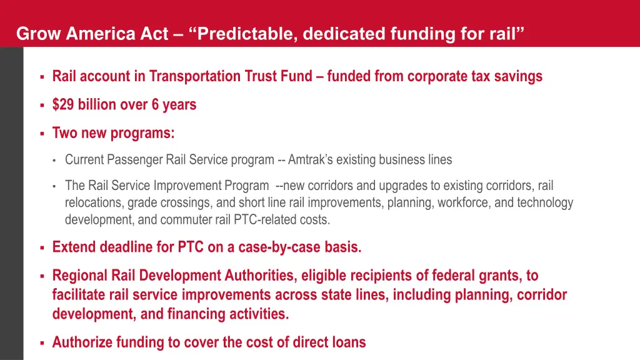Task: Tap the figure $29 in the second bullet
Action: (x=63, y=104)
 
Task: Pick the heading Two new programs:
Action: (x=113, y=133)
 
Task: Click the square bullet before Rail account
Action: (x=41, y=77)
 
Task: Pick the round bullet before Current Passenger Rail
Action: (x=55, y=161)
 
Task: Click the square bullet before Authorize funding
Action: (x=41, y=343)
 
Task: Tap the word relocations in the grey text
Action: (x=94, y=203)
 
